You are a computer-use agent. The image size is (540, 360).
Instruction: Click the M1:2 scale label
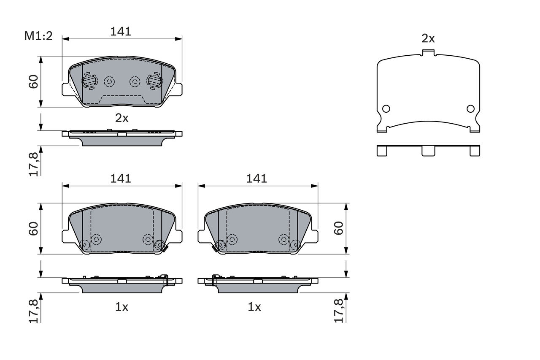click(38, 36)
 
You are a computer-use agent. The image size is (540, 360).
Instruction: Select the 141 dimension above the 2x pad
click(121, 31)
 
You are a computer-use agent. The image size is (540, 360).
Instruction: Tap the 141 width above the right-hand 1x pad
click(256, 178)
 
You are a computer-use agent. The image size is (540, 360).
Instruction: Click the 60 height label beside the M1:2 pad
click(34, 81)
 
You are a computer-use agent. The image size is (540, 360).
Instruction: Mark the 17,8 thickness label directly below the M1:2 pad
click(34, 164)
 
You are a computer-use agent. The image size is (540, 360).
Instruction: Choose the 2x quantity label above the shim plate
click(428, 39)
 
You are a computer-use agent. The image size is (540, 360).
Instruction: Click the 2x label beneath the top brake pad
click(122, 118)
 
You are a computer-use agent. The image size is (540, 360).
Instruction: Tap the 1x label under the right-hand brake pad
click(254, 307)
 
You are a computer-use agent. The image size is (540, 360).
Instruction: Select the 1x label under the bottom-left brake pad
click(121, 307)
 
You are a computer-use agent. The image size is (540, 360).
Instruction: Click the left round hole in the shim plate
click(386, 108)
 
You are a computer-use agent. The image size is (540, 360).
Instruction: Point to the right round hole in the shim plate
click(470, 108)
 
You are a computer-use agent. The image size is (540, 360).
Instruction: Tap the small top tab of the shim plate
click(428, 53)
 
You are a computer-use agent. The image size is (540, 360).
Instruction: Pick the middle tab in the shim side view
click(428, 151)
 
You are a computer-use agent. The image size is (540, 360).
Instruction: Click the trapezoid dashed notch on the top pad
click(122, 100)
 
